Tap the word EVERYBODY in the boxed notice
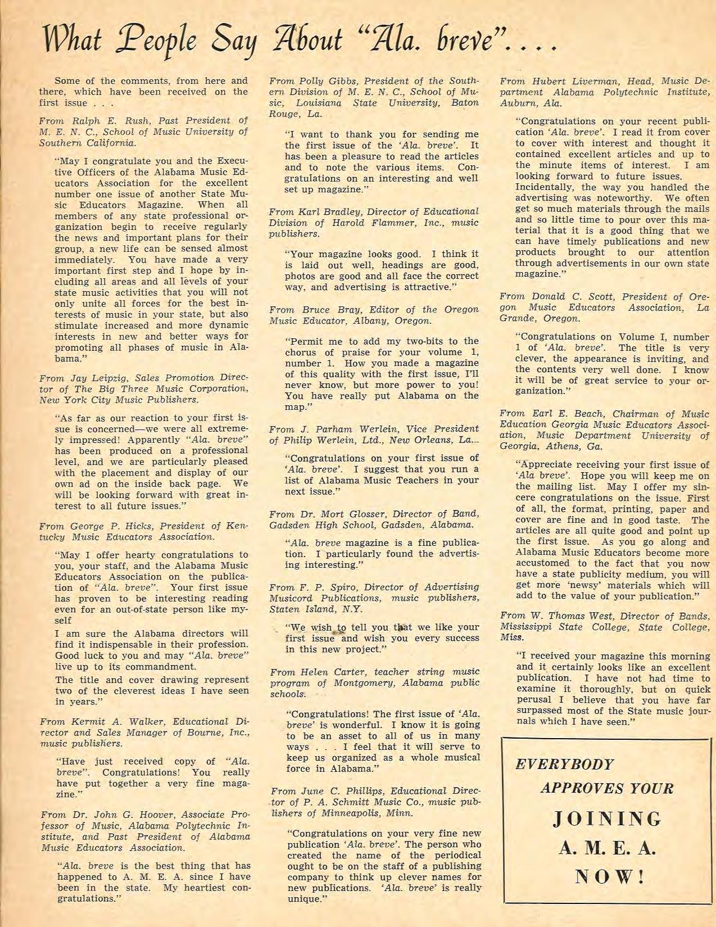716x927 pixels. [x=565, y=765]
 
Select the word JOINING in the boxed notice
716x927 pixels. [x=607, y=819]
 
